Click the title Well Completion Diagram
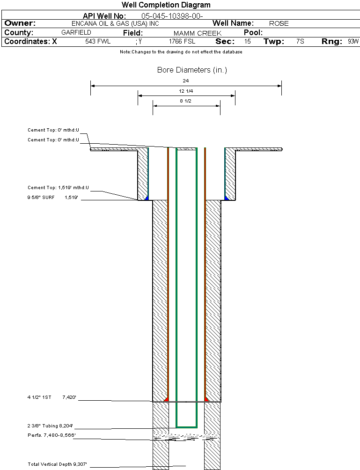click(x=166, y=5)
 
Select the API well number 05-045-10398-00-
click(x=172, y=16)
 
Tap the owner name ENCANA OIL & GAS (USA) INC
click(x=116, y=23)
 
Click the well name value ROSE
click(x=279, y=23)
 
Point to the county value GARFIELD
click(x=76, y=32)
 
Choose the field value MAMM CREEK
click(x=198, y=33)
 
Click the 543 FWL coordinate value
click(x=98, y=41)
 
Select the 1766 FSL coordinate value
click(x=182, y=41)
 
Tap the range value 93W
click(x=353, y=41)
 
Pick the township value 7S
click(x=300, y=41)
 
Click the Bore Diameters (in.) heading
click(x=192, y=70)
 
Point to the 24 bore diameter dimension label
click(x=186, y=81)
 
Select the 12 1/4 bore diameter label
click(x=186, y=91)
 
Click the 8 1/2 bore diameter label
click(x=185, y=101)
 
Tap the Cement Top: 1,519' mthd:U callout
click(x=58, y=188)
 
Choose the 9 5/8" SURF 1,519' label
click(x=53, y=197)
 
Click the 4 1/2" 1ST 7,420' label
click(x=52, y=397)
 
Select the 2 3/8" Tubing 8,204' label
click(x=51, y=426)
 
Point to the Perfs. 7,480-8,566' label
click(x=51, y=435)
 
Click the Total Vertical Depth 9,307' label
click(x=57, y=464)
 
